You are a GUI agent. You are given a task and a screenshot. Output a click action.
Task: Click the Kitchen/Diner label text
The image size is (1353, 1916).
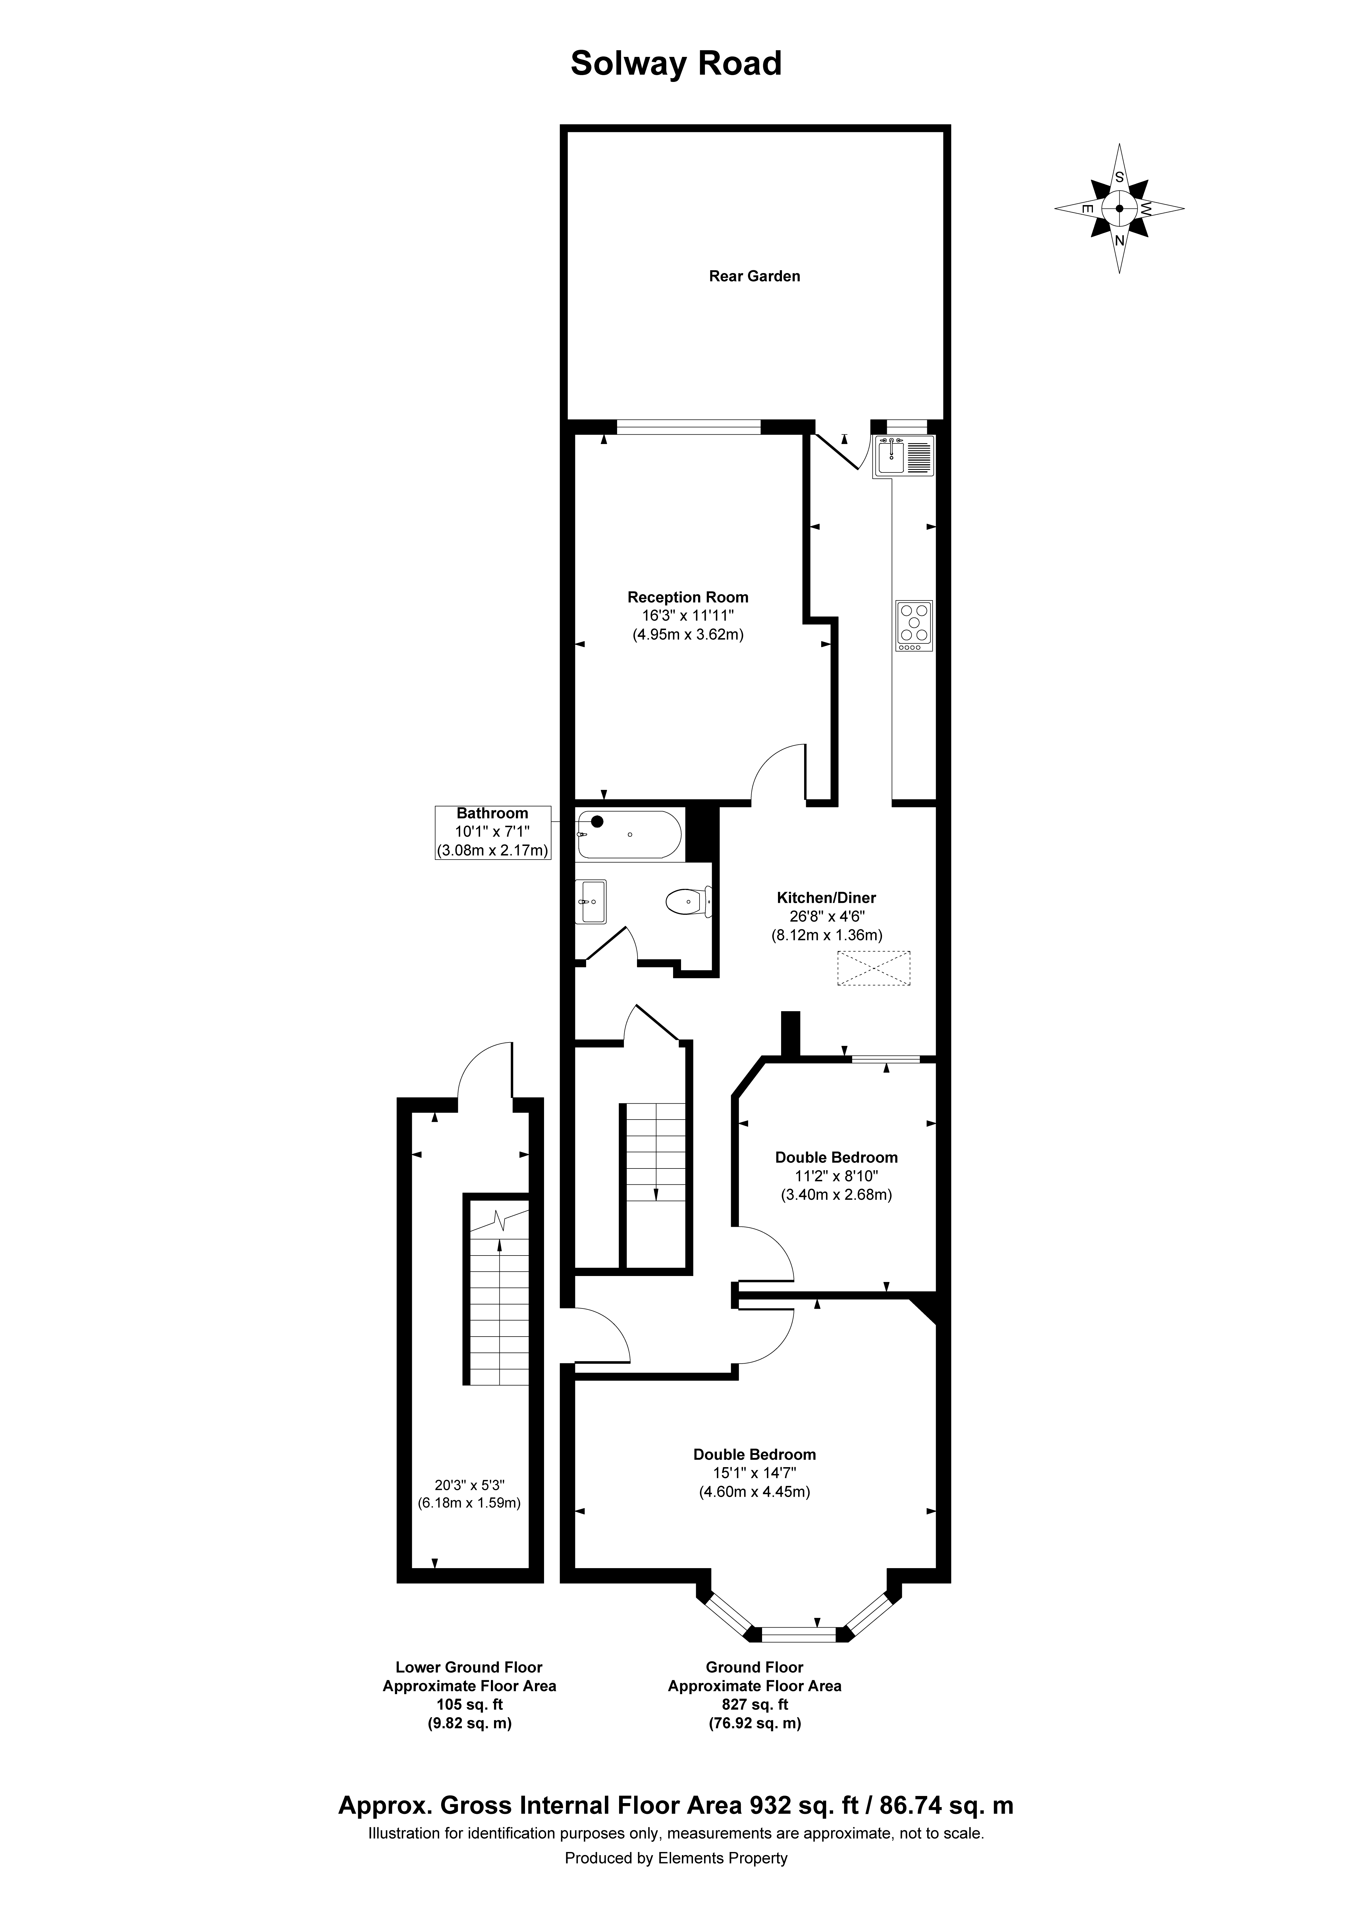(x=826, y=898)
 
